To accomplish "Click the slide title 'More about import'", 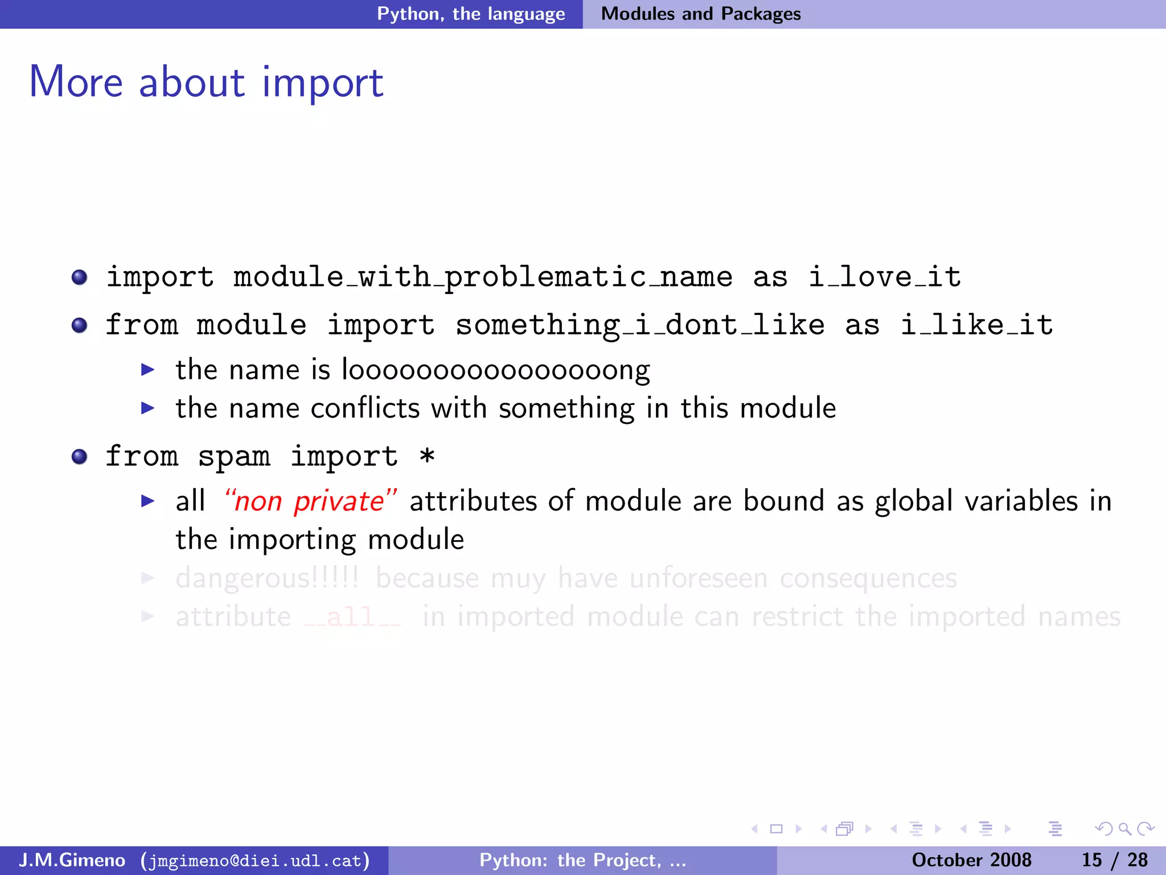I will point(206,83).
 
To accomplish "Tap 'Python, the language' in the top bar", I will point(471,14).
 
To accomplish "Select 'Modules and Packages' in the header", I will point(700,14).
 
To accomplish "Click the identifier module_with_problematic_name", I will point(483,277).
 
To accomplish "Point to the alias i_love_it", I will point(885,277).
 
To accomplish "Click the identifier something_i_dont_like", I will point(640,325).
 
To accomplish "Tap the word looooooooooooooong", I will point(495,371).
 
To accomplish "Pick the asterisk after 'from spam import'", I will point(427,456).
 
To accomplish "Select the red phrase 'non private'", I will point(310,502).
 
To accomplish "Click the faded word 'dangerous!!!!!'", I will point(267,579).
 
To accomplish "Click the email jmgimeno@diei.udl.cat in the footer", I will point(255,860).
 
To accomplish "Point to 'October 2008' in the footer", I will point(971,860).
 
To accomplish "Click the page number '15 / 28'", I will point(1114,860).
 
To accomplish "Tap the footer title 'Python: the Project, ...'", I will point(582,860).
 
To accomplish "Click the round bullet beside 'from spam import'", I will point(80,457).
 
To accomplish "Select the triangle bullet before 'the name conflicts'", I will point(148,408).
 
